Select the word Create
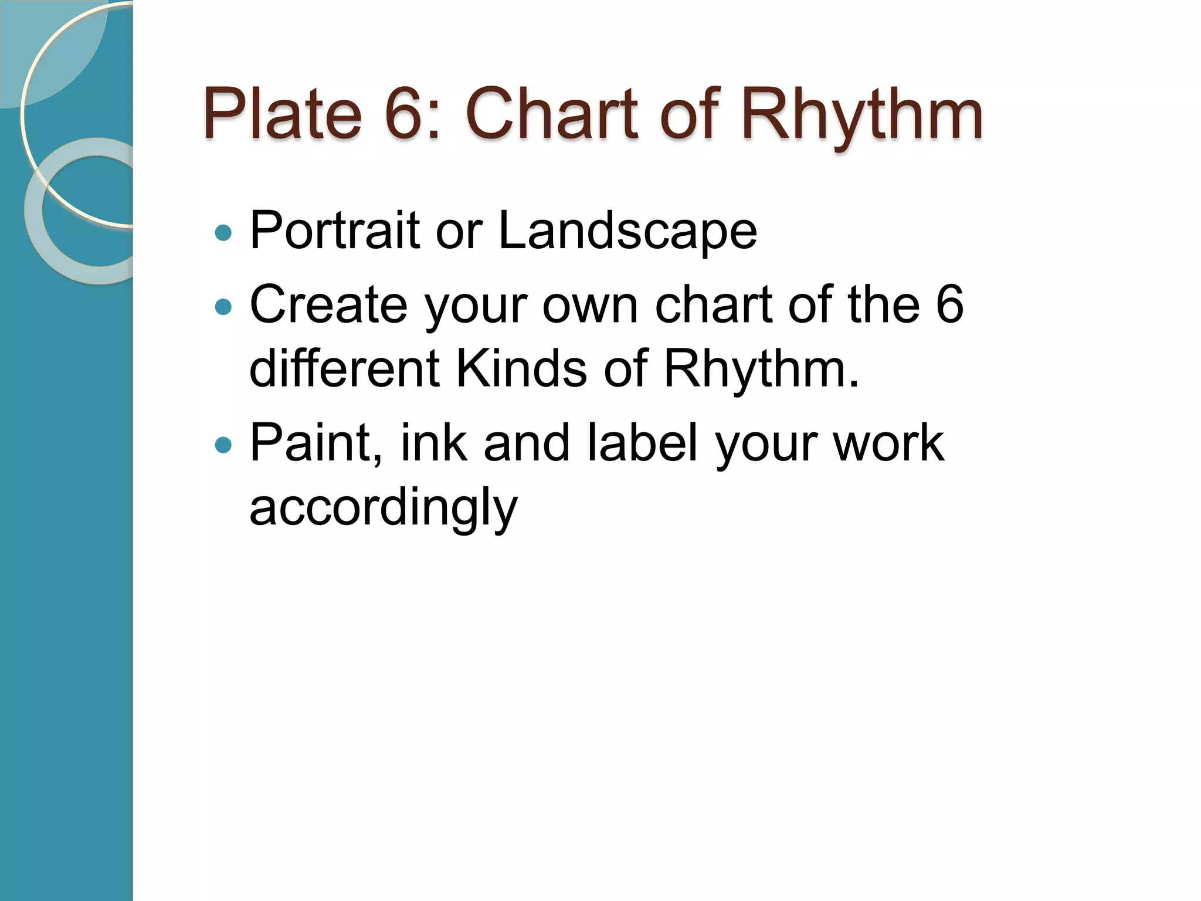328,304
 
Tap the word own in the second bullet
590,306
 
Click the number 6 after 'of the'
949,304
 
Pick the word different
344,369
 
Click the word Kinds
521,369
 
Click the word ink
434,443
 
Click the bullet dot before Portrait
223,233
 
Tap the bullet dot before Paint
223,445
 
